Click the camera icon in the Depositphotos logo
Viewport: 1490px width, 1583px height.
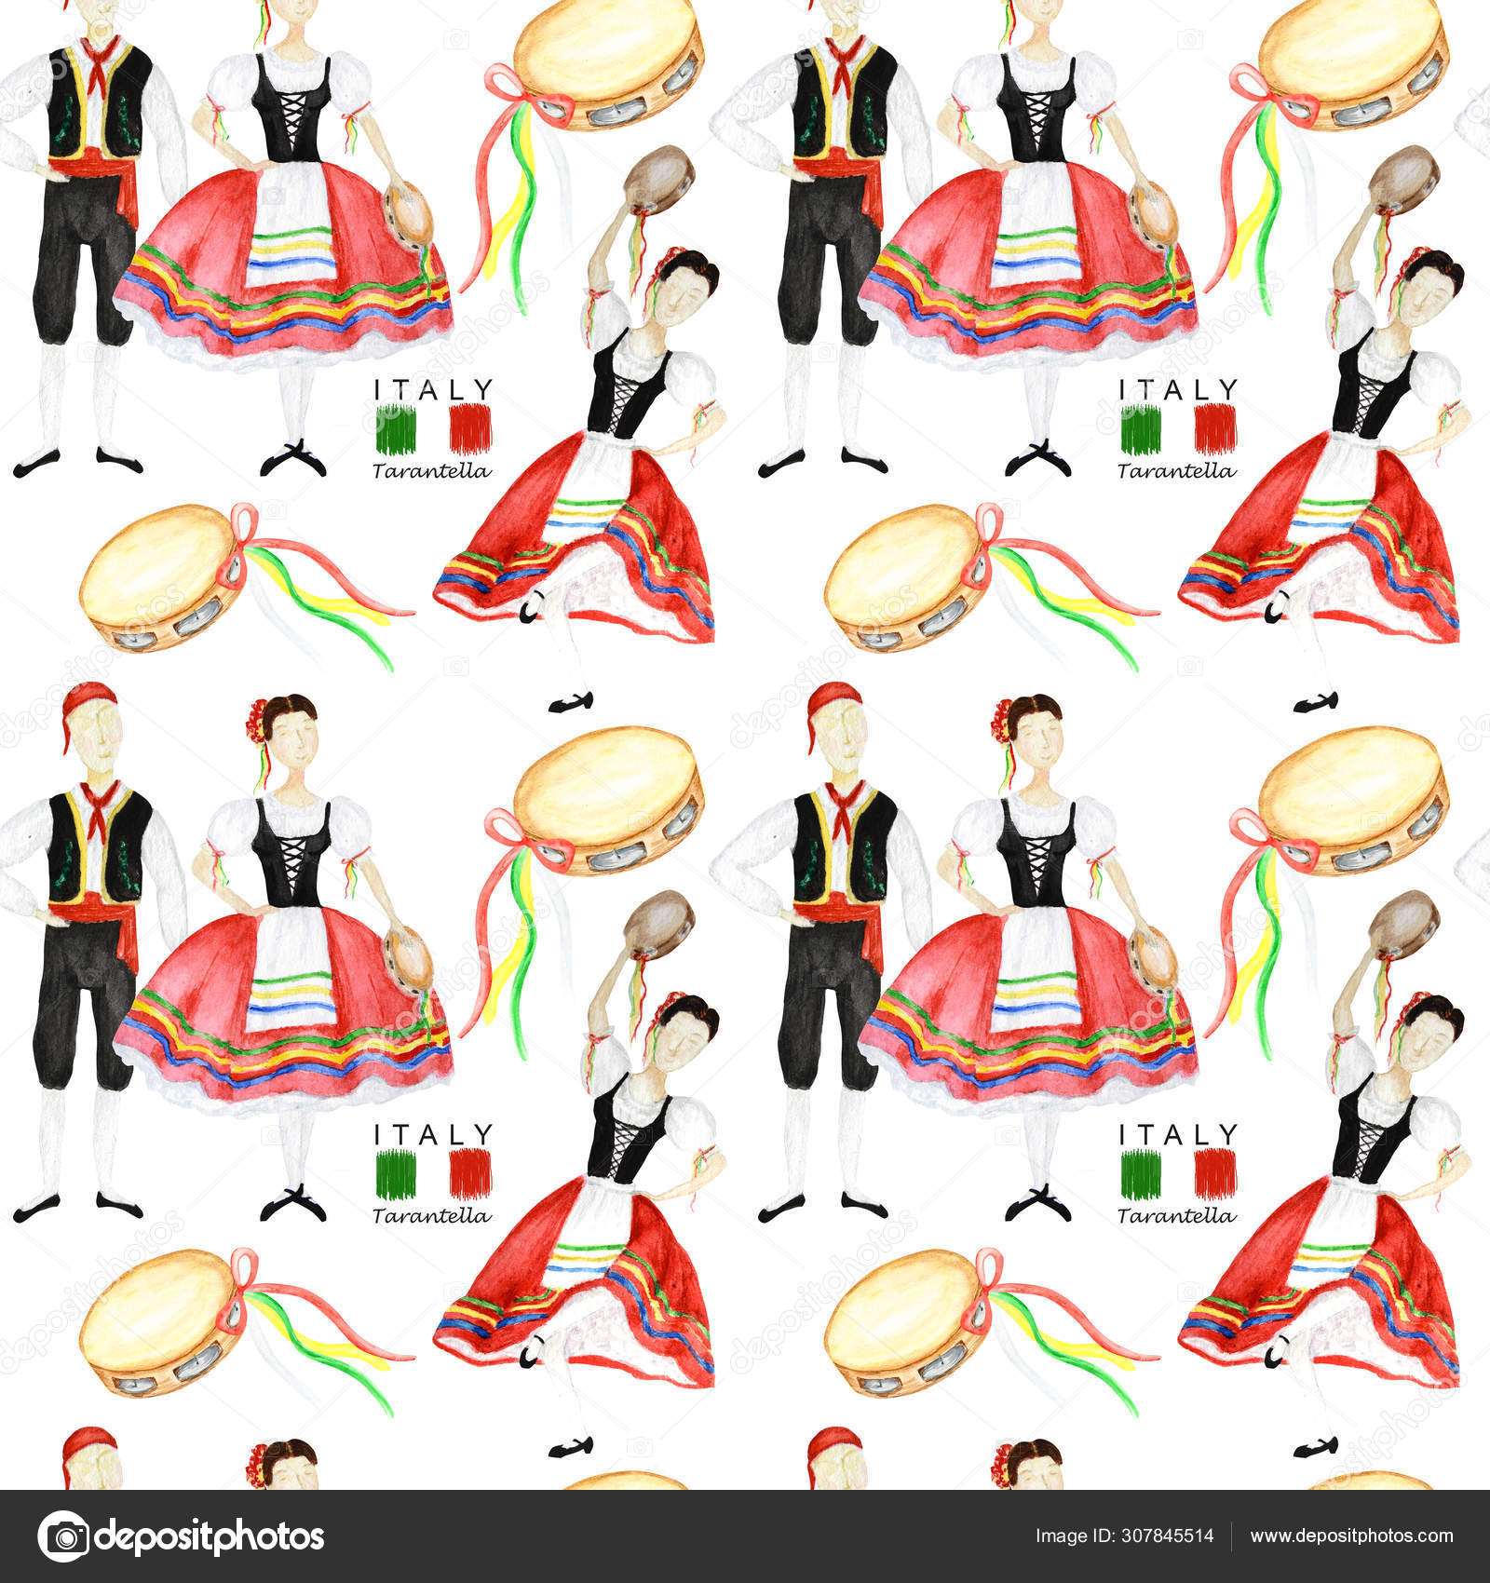click(x=63, y=1536)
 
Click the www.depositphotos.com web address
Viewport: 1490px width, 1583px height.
click(x=1351, y=1536)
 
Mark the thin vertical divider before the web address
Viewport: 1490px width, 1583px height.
click(x=1231, y=1536)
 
